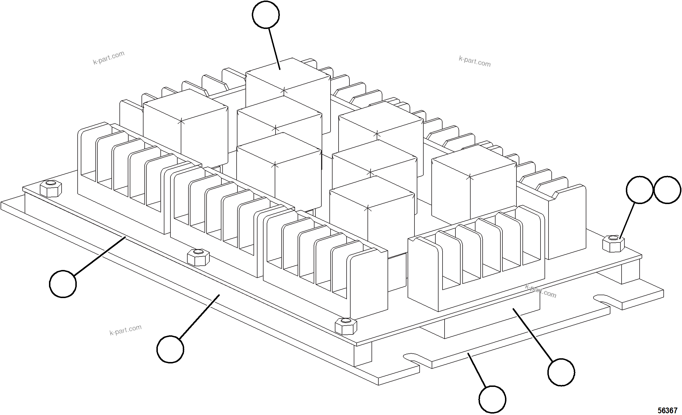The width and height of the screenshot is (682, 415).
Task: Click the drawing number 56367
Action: pos(667,410)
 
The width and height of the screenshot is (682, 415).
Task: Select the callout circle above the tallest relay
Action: pos(266,15)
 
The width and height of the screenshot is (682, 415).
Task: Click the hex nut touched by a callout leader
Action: pos(613,243)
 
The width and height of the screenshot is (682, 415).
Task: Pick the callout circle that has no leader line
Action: pos(667,190)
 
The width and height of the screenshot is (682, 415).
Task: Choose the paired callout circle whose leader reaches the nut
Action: pos(639,190)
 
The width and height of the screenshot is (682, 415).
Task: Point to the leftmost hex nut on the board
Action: pos(50,189)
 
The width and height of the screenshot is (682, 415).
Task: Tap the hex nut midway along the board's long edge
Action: pos(198,257)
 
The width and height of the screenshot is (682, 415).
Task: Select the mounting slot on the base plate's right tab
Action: pos(603,299)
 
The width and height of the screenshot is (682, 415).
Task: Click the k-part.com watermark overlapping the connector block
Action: pos(541,291)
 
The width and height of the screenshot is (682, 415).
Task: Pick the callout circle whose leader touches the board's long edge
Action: pos(63,284)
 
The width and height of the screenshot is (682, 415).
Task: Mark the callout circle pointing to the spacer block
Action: pos(561,372)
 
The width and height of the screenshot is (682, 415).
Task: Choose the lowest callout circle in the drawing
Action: pos(492,399)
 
